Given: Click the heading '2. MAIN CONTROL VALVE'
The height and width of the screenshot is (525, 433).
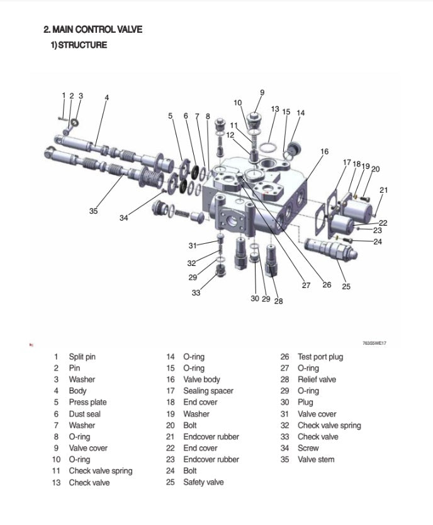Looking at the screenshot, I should point(93,29).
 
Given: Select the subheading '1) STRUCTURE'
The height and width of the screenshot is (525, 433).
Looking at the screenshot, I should point(79,45).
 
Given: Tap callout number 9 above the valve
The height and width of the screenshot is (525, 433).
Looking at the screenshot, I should point(262,93).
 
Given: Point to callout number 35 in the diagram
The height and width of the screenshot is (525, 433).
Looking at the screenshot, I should point(93,211).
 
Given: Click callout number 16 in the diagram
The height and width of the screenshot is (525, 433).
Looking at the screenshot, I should point(324,151).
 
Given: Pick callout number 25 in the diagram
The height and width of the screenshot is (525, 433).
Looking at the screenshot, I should point(346,286).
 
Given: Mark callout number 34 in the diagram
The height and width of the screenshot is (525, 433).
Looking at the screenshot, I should point(124,218).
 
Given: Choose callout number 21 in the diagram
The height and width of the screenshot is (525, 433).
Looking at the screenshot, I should point(383,190).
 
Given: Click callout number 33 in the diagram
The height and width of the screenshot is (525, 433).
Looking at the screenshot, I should point(196,292).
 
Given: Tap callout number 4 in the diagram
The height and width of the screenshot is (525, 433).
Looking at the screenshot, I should point(107,98).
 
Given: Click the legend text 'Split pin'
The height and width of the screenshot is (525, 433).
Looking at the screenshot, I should point(82,357).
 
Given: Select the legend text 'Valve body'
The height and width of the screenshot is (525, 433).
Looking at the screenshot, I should point(201,379).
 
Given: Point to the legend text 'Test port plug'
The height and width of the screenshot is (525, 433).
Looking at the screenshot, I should point(320,357).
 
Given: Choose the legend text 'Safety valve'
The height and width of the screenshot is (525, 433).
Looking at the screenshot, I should point(203,482).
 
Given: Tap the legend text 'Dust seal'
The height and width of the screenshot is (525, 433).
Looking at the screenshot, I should point(84,414).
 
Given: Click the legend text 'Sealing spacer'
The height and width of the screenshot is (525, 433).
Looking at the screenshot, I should point(208,391).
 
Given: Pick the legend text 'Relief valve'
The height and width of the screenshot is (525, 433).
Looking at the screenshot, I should point(317,379).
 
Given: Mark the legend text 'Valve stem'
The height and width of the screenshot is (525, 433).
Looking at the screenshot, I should point(316,459).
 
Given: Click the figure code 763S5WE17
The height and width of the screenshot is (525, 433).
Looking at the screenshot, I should point(374,343).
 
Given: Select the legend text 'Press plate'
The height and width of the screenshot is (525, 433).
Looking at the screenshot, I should point(87,402).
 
